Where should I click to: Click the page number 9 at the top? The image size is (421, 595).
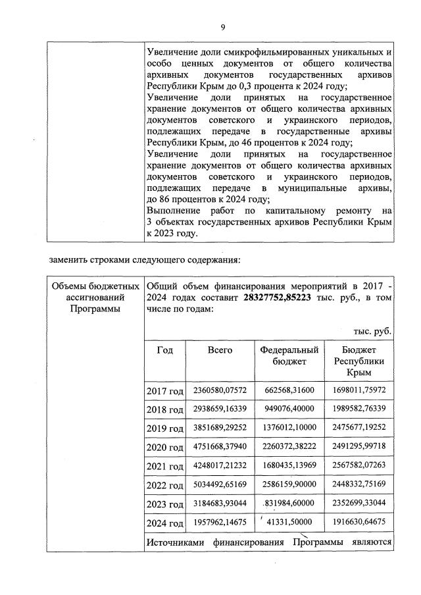pyautogui.click(x=223, y=27)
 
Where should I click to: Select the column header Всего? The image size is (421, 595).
pyautogui.click(x=220, y=350)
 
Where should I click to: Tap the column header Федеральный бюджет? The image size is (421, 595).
pyautogui.click(x=290, y=356)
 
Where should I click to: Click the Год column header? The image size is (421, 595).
pyautogui.click(x=165, y=350)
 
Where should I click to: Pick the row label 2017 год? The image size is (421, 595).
pyautogui.click(x=164, y=392)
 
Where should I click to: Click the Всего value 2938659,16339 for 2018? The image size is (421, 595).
pyautogui.click(x=220, y=409)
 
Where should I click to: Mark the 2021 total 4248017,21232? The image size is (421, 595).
pyautogui.click(x=220, y=465)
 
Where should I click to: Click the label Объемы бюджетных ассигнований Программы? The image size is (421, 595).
pyautogui.click(x=96, y=298)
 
